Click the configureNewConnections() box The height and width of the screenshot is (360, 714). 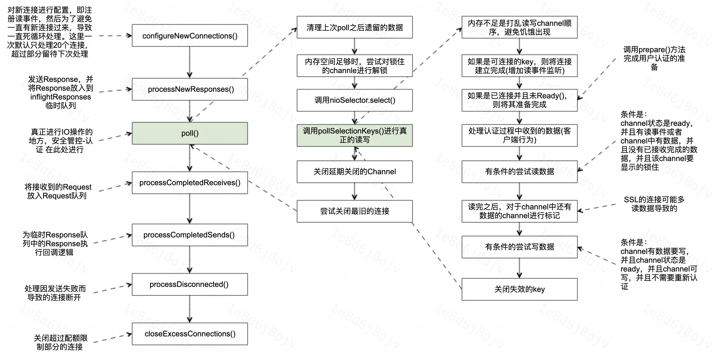tap(190, 35)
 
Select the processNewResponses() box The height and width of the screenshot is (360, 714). tap(190, 89)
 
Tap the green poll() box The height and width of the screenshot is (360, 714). tap(190, 133)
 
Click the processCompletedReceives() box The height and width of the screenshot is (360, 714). tap(190, 183)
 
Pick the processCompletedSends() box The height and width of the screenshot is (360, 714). tap(190, 235)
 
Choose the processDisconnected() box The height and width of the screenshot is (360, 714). tap(190, 284)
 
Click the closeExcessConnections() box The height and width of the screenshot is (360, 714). tap(190, 334)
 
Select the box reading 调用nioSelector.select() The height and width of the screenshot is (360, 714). tap(355, 100)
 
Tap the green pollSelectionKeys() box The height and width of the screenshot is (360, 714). tap(355, 135)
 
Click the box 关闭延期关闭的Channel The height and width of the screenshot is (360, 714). tap(355, 171)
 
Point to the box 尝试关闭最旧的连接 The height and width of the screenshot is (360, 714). tap(355, 211)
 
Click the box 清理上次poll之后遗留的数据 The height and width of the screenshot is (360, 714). tap(355, 27)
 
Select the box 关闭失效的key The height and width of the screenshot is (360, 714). tap(519, 289)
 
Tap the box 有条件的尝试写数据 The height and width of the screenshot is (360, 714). tap(519, 247)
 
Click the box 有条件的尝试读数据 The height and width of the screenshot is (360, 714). tap(519, 171)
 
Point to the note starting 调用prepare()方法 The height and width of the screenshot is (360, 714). tap(654, 58)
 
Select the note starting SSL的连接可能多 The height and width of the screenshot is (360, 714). tap(654, 204)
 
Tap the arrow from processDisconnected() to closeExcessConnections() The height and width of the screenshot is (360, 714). tap(190, 309)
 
